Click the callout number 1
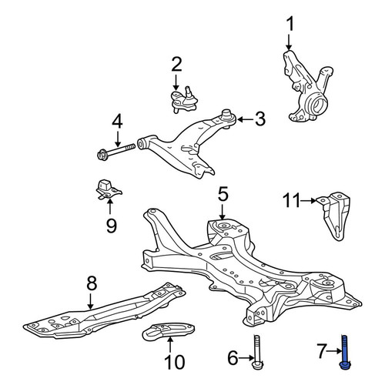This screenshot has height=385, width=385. (x=290, y=25)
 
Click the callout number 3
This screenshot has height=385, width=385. (x=259, y=119)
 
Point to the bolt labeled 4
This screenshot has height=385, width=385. (x=116, y=152)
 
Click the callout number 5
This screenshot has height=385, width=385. (x=223, y=194)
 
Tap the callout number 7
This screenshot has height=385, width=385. (x=323, y=351)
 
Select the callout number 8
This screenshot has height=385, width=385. (x=92, y=283)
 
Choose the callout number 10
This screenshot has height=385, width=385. (x=175, y=362)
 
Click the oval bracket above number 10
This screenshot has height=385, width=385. (x=168, y=330)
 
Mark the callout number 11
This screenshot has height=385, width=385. (x=291, y=200)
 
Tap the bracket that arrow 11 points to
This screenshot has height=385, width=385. (x=333, y=216)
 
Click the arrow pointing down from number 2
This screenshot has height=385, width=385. (x=176, y=82)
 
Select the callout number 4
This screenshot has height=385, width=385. (x=117, y=122)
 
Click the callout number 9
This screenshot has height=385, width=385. (x=112, y=225)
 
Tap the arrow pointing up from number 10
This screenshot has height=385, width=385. (x=170, y=346)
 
